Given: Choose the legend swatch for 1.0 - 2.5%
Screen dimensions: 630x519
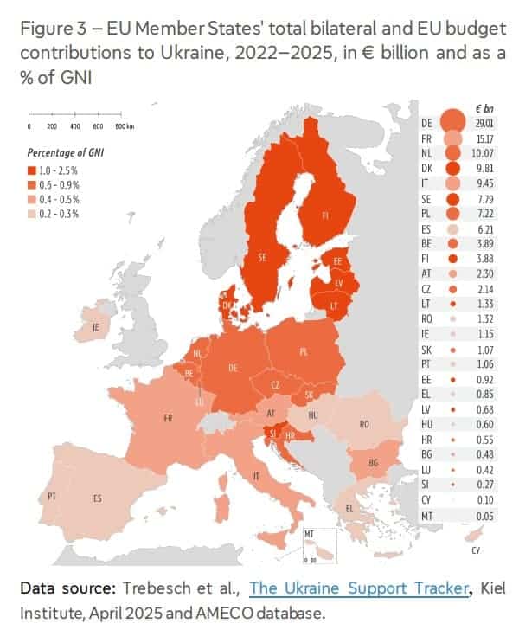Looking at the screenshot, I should pyautogui.click(x=34, y=171).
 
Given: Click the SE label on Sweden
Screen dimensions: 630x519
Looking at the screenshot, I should pyautogui.click(x=260, y=256).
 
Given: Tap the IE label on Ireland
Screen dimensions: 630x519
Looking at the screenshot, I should pyautogui.click(x=96, y=328).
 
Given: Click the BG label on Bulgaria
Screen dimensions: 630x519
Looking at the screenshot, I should pyautogui.click(x=373, y=463).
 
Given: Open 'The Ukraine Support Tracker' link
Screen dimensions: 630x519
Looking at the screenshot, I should pyautogui.click(x=358, y=589).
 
